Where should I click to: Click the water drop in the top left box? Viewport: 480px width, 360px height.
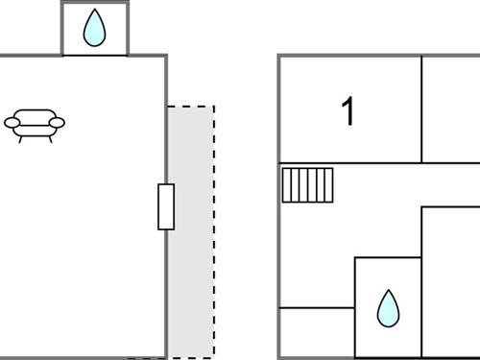(94, 29)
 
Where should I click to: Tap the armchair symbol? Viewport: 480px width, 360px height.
(36, 124)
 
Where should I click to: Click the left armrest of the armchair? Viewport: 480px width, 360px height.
(14, 122)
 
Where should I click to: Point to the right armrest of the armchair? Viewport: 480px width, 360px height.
(57, 122)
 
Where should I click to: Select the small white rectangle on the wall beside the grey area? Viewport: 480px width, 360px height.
(166, 206)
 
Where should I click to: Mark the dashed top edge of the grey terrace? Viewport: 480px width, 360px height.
(191, 107)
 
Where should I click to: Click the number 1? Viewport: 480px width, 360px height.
(348, 111)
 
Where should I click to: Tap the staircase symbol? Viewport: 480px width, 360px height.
(307, 185)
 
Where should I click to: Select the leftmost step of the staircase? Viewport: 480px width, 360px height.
(286, 185)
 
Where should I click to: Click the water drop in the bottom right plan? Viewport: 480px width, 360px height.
(388, 308)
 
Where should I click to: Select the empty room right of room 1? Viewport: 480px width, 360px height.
(450, 108)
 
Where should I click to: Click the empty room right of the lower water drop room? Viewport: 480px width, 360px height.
(450, 283)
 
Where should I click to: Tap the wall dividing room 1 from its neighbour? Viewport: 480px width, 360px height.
(421, 108)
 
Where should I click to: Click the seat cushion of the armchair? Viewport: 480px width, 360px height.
(36, 127)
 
